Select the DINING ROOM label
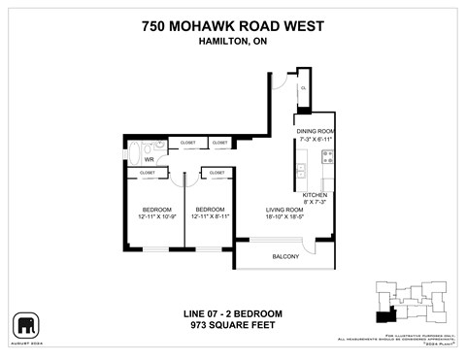(x=316, y=130)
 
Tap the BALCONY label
(x=284, y=256)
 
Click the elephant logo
(x=25, y=324)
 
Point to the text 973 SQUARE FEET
(x=232, y=325)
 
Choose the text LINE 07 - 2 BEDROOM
(x=232, y=313)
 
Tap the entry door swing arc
(x=280, y=82)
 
